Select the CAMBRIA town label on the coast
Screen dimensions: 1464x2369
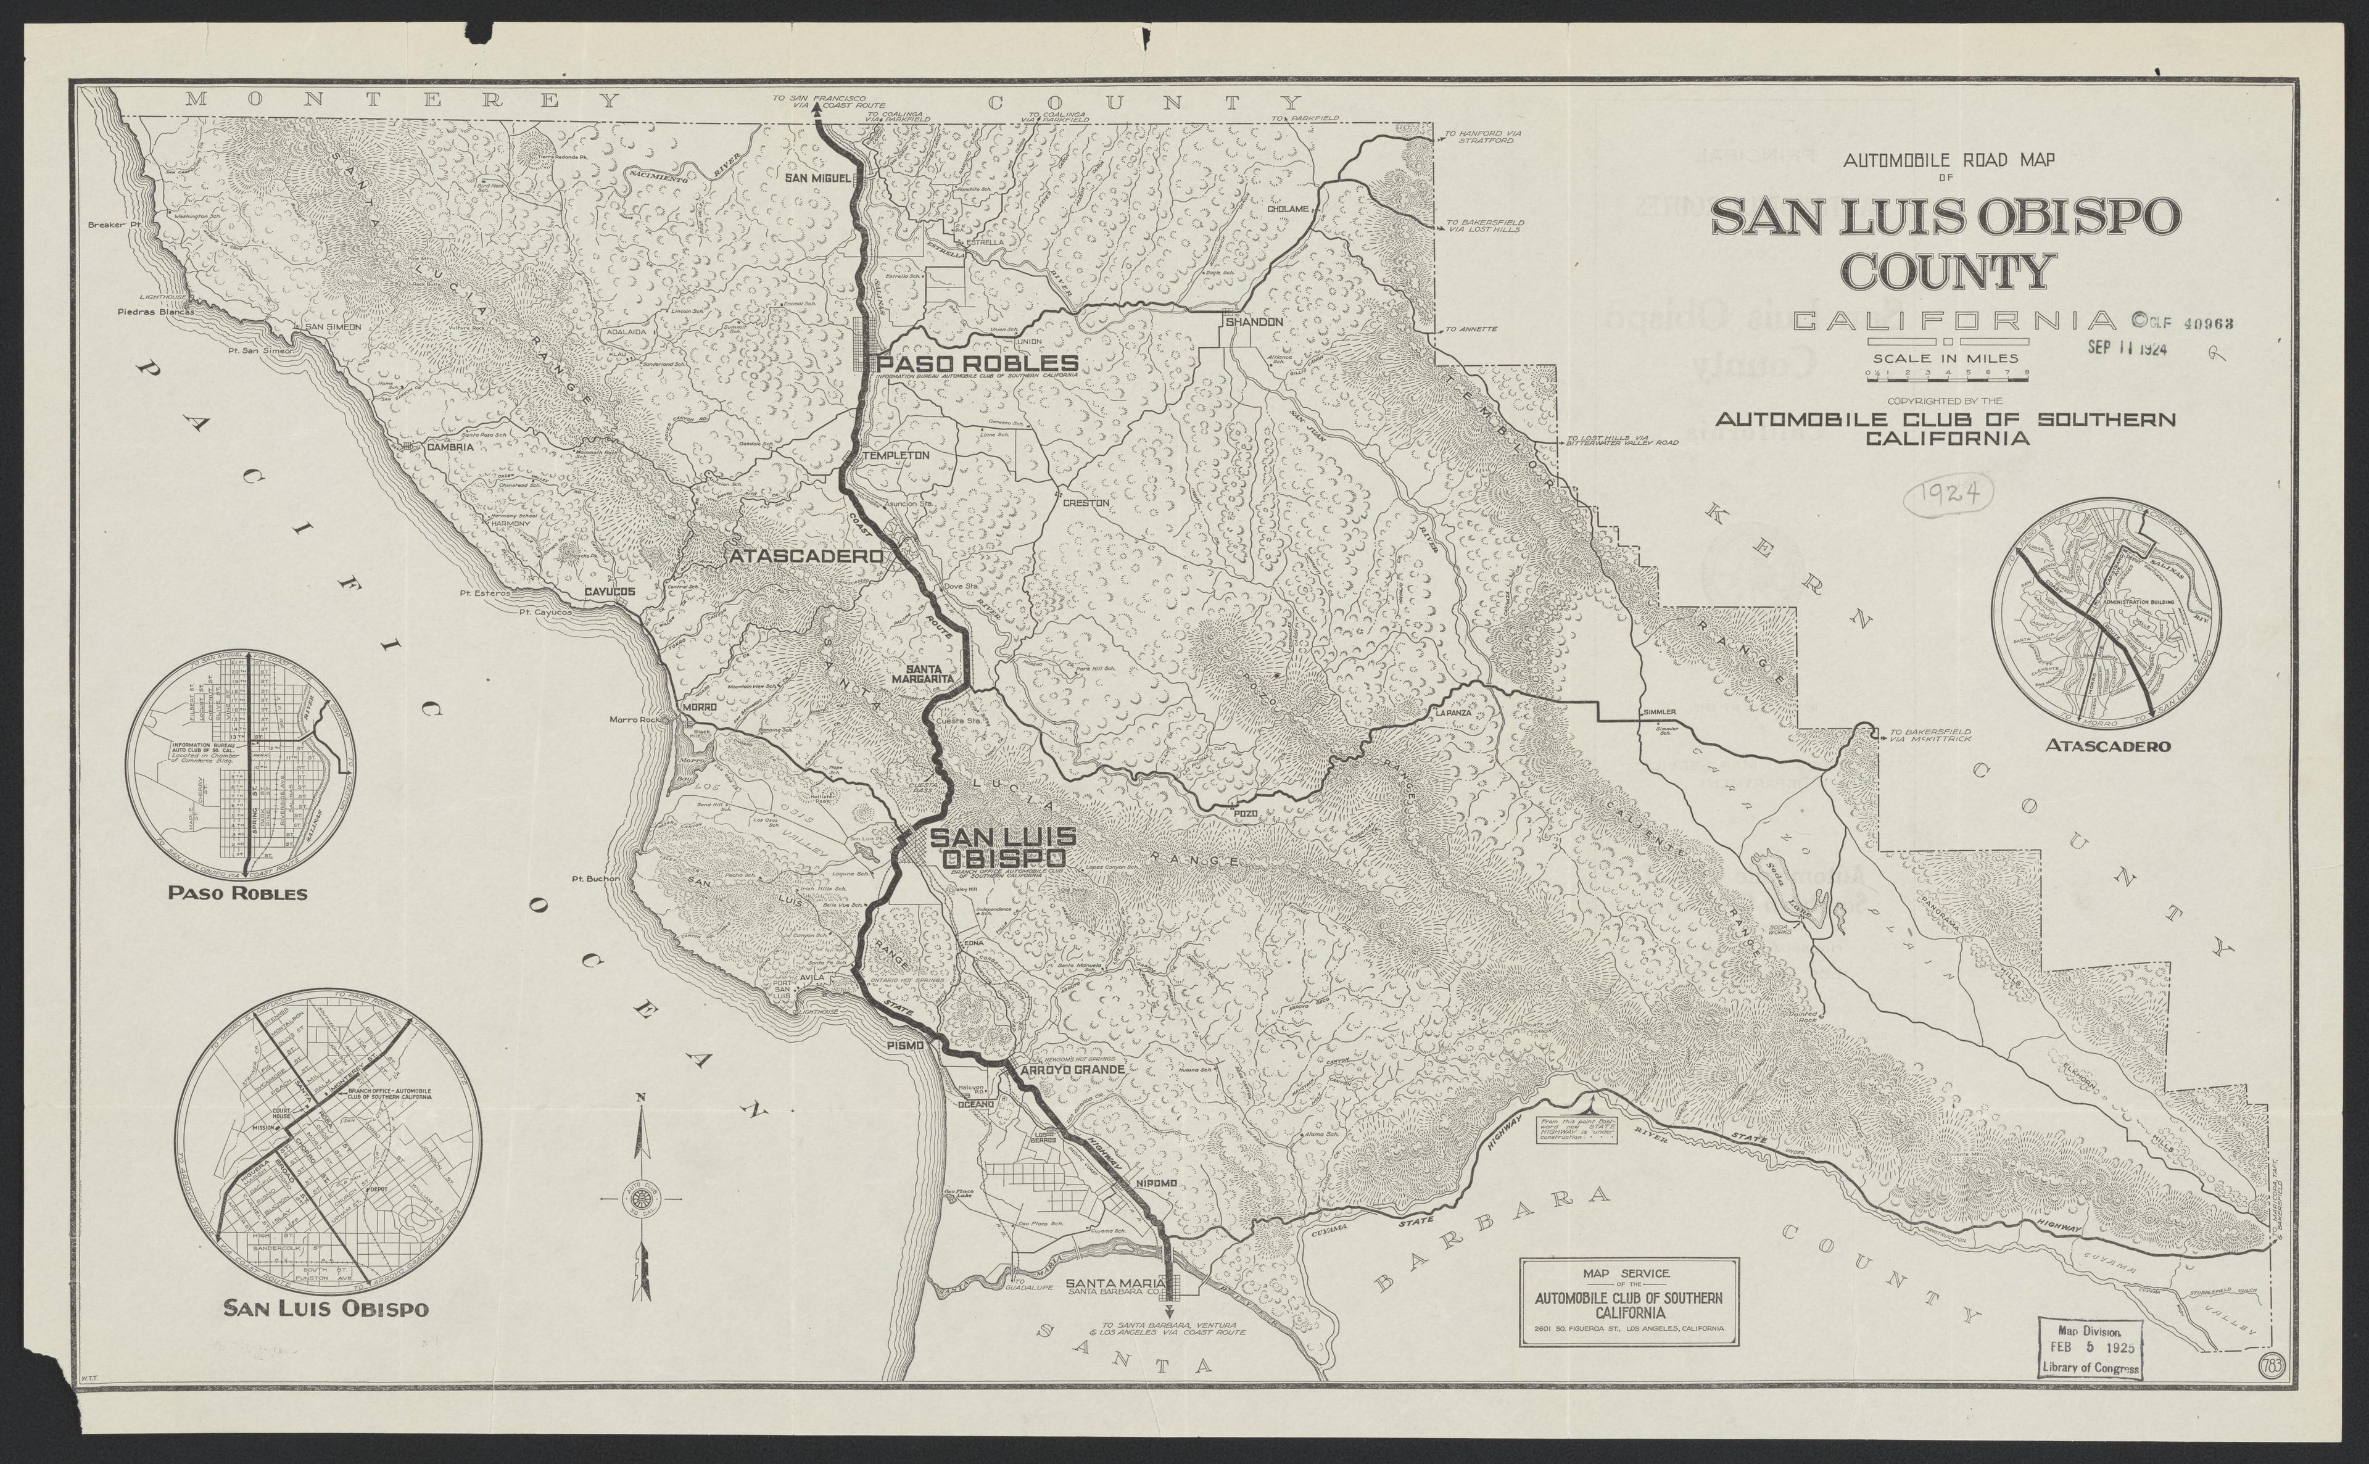click(450, 447)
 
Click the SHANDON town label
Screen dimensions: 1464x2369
click(1254, 321)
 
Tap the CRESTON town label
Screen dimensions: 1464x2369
click(1085, 503)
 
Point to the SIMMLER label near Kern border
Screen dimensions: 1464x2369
click(1658, 712)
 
